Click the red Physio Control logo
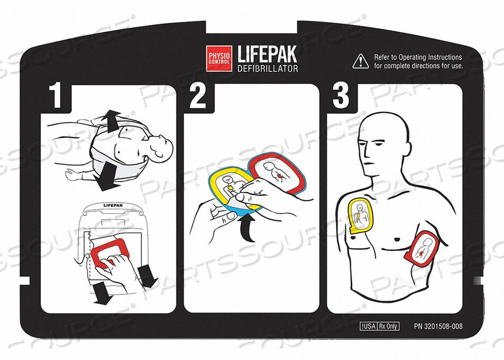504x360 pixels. (x=219, y=58)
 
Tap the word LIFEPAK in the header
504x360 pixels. (x=267, y=54)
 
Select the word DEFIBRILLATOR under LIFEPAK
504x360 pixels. (x=267, y=68)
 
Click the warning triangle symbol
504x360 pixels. (x=361, y=61)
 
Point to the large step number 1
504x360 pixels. (x=57, y=96)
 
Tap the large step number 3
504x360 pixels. (x=341, y=96)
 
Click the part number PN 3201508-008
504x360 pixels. (x=438, y=326)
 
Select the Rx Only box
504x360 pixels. (x=388, y=326)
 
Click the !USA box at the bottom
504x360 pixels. (x=368, y=326)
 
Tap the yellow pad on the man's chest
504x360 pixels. (x=360, y=215)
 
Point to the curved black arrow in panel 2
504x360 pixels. (x=247, y=228)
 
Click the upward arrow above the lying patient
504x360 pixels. (x=111, y=121)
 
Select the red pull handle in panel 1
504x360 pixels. (x=109, y=251)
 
